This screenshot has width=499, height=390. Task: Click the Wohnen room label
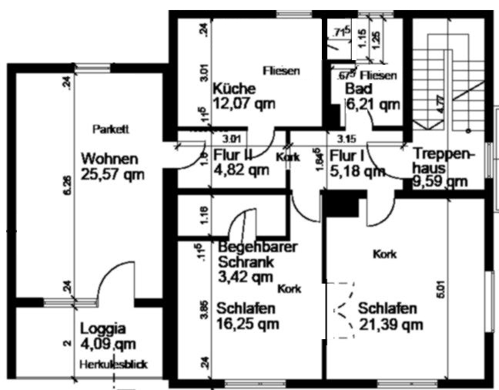[x=109, y=159]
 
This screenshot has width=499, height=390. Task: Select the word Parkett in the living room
[x=109, y=128]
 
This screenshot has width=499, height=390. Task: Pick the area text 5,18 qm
[x=356, y=170]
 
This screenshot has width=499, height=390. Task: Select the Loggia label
[x=104, y=327]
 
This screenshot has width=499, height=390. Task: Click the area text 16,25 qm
[x=247, y=324]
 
